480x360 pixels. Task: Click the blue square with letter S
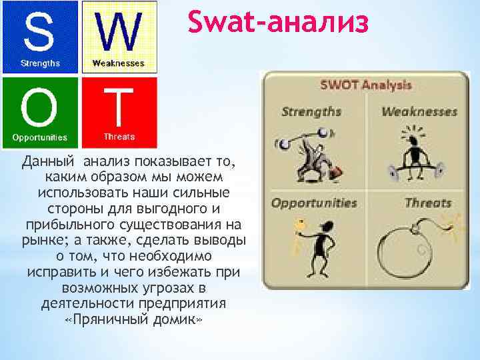(40, 37)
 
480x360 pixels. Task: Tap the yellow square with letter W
(119, 37)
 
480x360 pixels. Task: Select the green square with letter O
(40, 111)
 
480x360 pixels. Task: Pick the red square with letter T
(119, 111)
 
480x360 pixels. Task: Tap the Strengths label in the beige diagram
(311, 111)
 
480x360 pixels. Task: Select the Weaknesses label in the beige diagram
(419, 111)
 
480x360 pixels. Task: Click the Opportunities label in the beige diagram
(313, 203)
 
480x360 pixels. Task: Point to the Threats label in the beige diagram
(428, 203)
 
